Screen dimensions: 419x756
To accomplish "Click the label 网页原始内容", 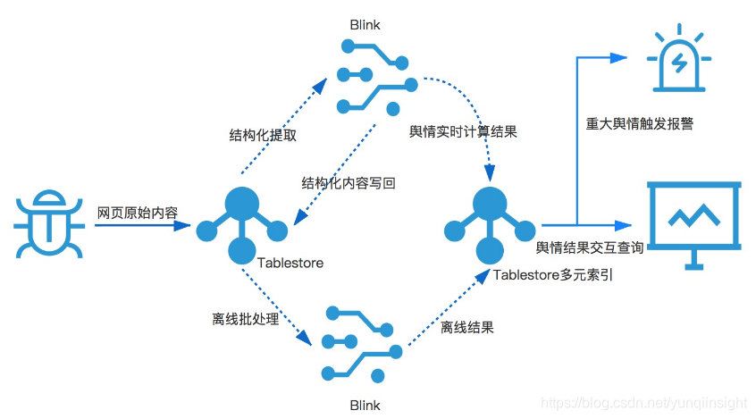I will coord(138,213).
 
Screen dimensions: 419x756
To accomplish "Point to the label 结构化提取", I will coord(263,136).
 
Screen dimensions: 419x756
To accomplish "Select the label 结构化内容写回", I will coord(349,183).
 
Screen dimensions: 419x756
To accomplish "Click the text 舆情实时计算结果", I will coord(463,131).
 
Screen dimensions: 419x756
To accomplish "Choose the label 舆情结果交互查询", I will coord(590,248).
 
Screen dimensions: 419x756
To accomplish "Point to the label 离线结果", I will coord(466,327).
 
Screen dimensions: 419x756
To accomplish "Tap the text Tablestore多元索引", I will coord(553,274).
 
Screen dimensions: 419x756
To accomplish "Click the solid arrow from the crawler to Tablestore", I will coord(143,225).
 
